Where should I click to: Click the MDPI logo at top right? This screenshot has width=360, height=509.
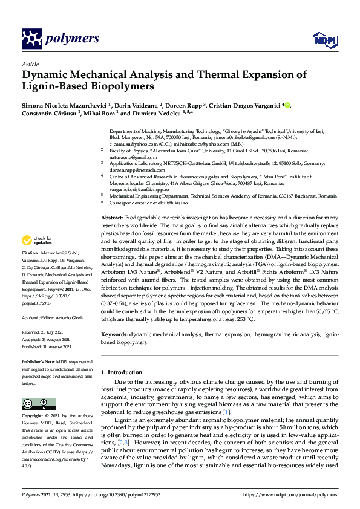tap(322, 40)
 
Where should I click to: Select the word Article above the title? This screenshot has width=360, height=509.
tap(30, 64)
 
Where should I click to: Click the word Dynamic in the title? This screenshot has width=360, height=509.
tap(46, 76)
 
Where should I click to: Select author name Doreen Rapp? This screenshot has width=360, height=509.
tap(182, 106)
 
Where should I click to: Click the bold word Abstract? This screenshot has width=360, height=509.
tap(111, 216)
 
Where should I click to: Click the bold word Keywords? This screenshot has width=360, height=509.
tap(114, 334)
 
